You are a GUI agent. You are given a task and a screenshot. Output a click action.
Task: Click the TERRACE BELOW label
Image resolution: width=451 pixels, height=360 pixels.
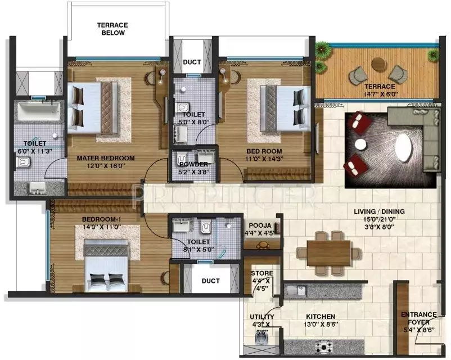click(x=112, y=29)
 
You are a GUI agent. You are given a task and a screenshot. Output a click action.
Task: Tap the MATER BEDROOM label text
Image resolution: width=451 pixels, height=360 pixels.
click(x=106, y=158)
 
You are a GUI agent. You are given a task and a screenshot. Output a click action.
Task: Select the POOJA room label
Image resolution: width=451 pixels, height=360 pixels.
click(x=259, y=223)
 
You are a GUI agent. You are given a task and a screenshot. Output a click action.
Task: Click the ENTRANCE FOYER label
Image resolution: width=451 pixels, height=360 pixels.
click(x=418, y=318)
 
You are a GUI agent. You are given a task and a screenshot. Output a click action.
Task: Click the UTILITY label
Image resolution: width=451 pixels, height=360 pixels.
click(x=261, y=317)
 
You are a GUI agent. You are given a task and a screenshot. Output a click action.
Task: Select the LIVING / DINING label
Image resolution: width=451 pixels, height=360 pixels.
click(x=379, y=211)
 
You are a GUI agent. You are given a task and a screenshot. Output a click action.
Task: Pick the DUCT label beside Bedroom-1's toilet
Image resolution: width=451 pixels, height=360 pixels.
click(x=210, y=280)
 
